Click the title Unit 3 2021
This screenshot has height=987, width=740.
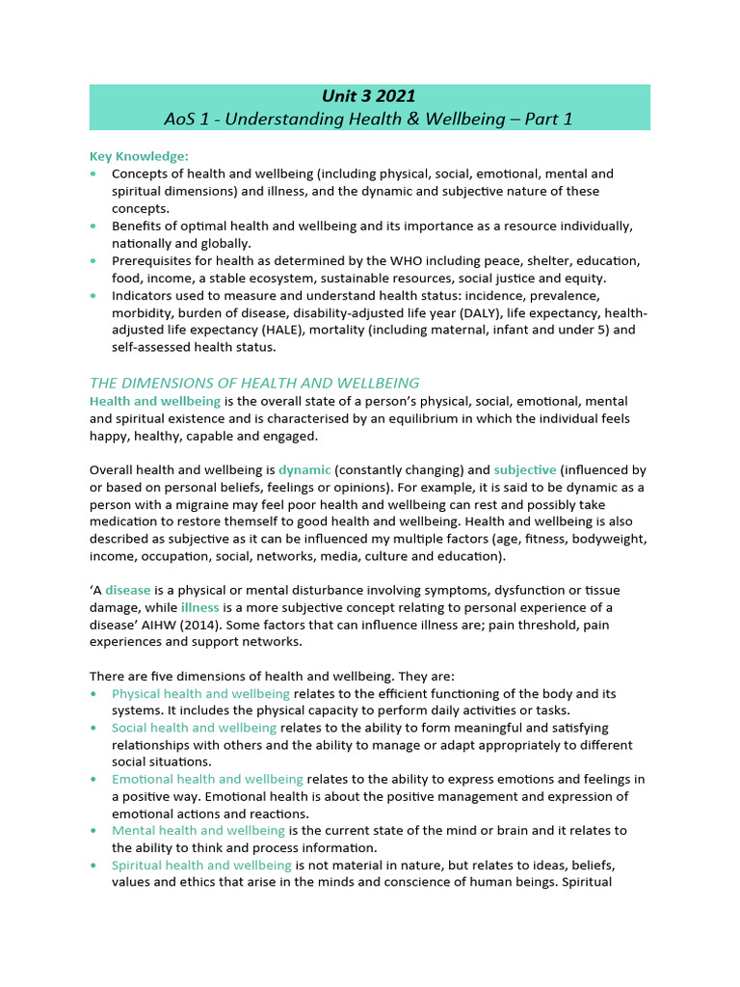[369, 95]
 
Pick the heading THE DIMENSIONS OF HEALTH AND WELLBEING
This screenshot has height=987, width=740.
[254, 383]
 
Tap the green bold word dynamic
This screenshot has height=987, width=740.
[304, 469]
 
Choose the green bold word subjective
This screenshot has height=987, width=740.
[525, 469]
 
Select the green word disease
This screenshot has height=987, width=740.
[128, 590]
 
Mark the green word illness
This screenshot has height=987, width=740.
[200, 607]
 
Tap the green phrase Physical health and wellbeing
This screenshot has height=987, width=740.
[200, 693]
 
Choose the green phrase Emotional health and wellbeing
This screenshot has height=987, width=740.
[207, 779]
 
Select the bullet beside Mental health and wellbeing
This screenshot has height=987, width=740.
[92, 831]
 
